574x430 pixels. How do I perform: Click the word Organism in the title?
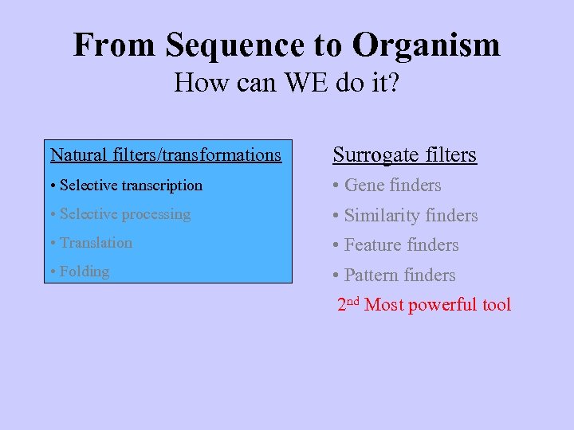(x=426, y=45)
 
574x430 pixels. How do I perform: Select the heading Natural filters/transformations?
(x=166, y=154)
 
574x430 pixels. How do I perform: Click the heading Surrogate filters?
(x=404, y=154)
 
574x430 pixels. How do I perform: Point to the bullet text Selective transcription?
(x=131, y=186)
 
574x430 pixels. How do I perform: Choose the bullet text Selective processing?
(x=125, y=214)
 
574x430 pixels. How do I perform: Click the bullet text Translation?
(x=96, y=243)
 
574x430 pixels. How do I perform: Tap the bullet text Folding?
(x=84, y=272)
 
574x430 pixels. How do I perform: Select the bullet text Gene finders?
(x=392, y=186)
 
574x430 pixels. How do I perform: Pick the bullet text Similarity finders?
(x=411, y=215)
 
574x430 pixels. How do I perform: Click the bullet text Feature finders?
(x=401, y=245)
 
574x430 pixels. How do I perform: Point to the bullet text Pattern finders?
(x=399, y=276)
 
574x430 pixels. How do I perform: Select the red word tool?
(x=497, y=305)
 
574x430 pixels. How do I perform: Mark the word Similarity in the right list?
(x=383, y=215)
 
